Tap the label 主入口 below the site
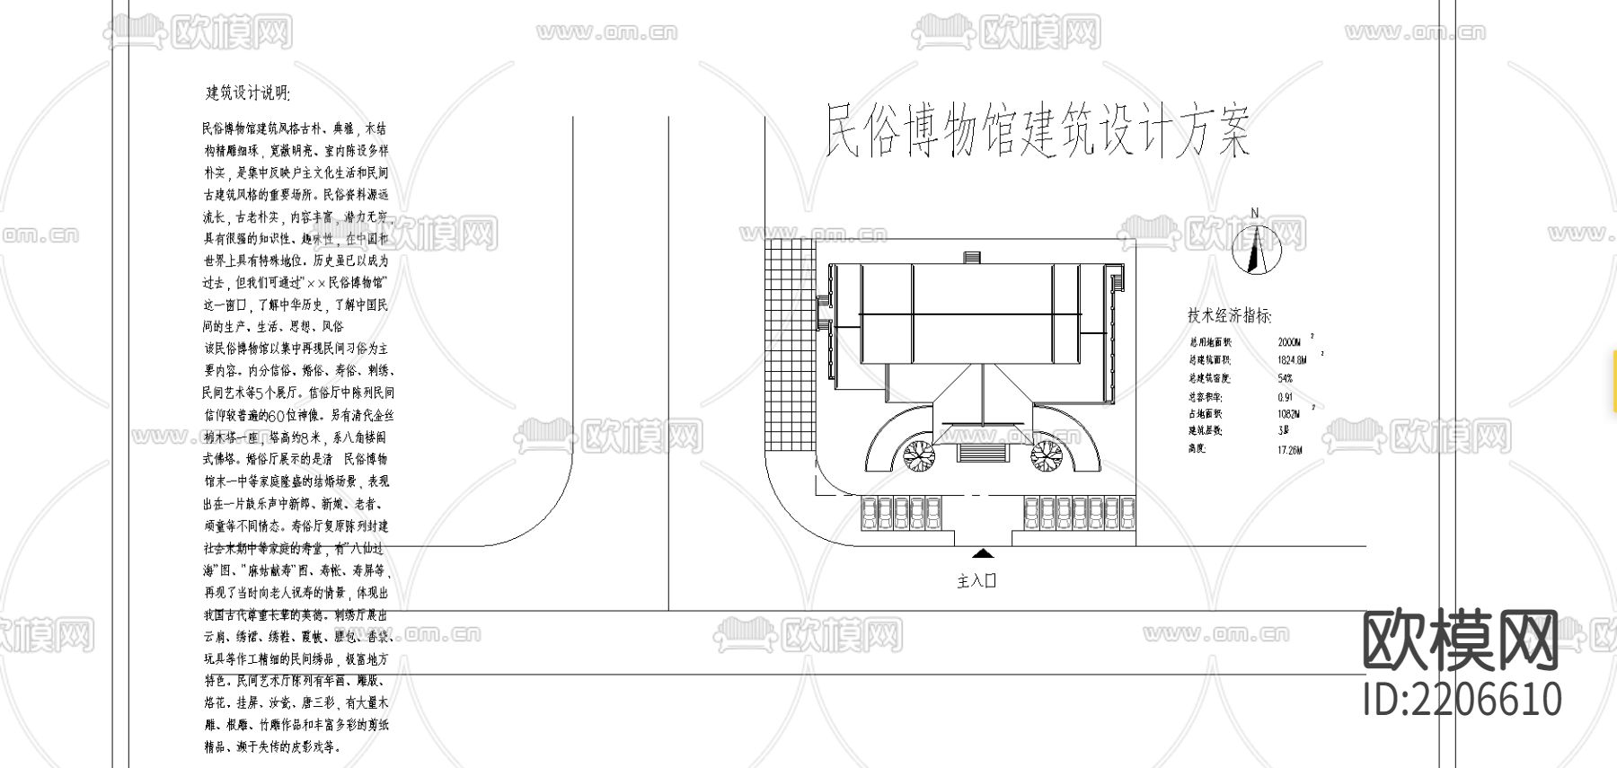point(976,581)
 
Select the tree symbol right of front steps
point(1046,455)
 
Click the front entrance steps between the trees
point(982,452)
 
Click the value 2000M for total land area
point(1289,342)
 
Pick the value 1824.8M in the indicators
point(1292,360)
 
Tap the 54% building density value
point(1286,378)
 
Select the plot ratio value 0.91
point(1286,396)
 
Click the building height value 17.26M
point(1289,449)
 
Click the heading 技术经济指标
point(1229,316)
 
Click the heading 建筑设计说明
point(248,93)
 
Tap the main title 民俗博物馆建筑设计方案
point(1037,133)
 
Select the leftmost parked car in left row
point(869,515)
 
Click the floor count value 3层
point(1283,431)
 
